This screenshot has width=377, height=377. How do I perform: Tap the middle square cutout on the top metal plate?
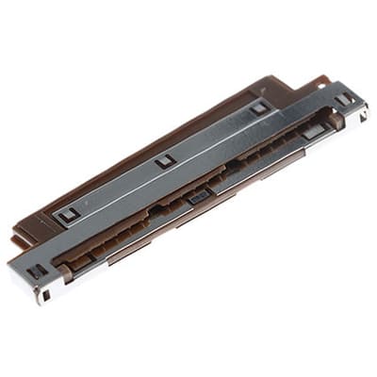[x=166, y=160]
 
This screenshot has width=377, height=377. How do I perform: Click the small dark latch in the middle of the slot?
[x=199, y=196]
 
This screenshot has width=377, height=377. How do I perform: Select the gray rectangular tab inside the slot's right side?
[x=312, y=133]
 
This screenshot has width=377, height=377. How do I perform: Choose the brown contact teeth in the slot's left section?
[x=113, y=243]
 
